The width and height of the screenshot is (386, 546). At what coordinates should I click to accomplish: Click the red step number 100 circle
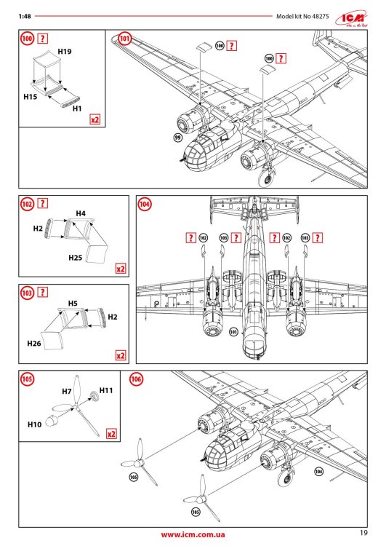point(28,38)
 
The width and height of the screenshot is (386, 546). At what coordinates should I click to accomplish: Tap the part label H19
point(64,52)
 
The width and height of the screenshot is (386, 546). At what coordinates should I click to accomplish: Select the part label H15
point(30,96)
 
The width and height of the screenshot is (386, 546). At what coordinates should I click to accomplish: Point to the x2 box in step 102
point(120,269)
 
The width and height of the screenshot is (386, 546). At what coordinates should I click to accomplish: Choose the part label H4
point(81,213)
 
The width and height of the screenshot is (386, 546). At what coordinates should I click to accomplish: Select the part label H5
point(73,302)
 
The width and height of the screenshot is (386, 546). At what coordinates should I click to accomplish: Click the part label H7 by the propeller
point(66,392)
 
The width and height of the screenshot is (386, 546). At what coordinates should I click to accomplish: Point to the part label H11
point(106,391)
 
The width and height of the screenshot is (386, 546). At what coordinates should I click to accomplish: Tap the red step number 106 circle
point(136,379)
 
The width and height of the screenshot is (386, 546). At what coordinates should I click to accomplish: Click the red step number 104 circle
point(145,205)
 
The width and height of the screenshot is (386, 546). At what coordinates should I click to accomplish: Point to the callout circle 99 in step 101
point(177,136)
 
